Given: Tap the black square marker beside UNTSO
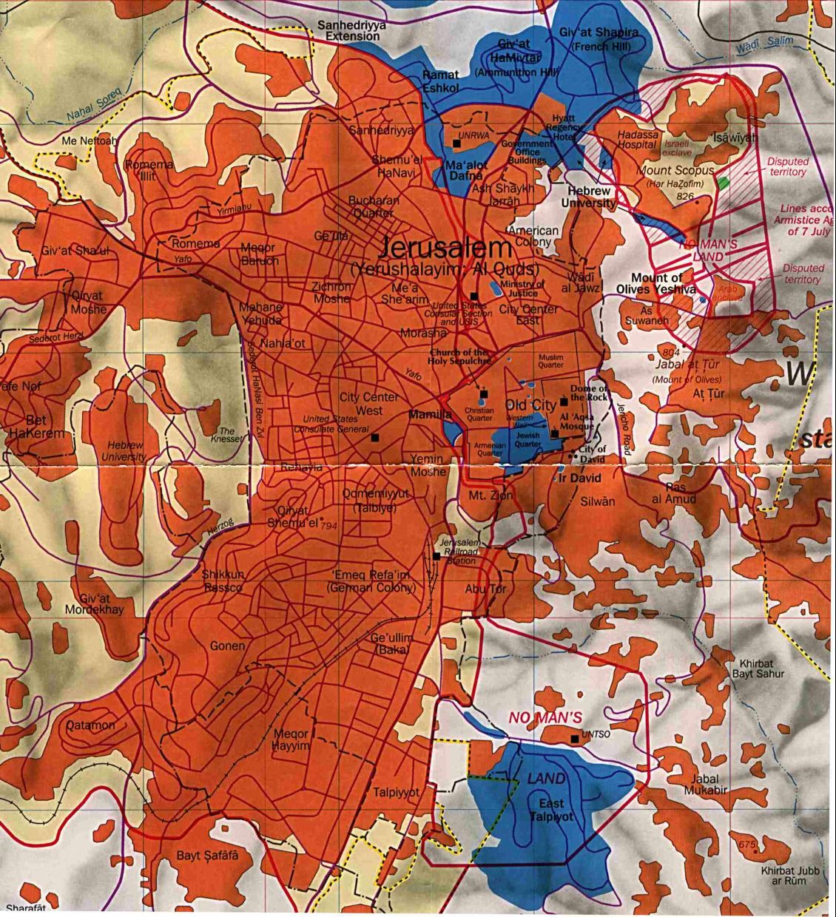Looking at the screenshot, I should [575, 738].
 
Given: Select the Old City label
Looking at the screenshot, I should [530, 405].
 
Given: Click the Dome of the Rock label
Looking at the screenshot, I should [589, 393].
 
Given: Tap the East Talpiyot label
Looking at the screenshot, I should [551, 810].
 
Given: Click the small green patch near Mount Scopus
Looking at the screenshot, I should [723, 180].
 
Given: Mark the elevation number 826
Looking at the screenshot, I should [684, 197].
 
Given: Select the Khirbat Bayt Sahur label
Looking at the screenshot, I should [758, 669].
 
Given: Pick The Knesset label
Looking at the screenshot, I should [226, 435].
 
